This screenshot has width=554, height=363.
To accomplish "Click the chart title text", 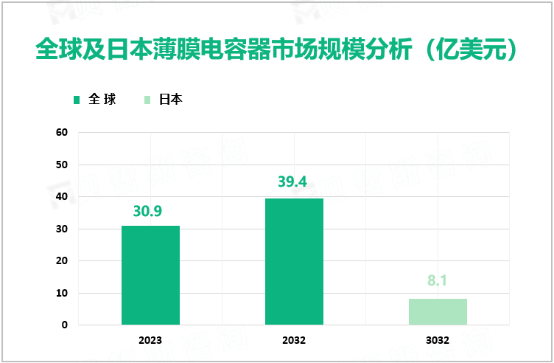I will coord(277,50).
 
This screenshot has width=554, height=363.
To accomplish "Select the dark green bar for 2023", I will coord(150,275).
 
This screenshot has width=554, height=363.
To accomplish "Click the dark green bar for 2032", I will coord(294,261).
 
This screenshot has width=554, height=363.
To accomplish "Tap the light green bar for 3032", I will coord(438,311).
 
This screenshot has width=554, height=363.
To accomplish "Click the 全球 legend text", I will coord(102,100).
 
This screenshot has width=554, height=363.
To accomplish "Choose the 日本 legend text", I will coord(171,100).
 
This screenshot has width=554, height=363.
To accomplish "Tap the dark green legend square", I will coord(77,100).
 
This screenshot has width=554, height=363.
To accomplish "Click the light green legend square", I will coord(147,100).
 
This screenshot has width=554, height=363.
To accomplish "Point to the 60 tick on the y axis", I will coord(62,133).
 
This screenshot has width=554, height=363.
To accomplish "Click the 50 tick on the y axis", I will coord(62,165).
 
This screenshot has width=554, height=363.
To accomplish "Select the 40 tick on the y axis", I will coord(62,197).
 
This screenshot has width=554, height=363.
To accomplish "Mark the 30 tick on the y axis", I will coord(62,229).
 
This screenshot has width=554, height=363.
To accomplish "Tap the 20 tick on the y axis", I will coord(62,261).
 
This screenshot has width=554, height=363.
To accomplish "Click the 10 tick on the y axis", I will coord(62,293).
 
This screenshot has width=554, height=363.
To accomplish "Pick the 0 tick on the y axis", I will coord(65,325).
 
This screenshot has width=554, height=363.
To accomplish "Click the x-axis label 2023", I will coord(150,341).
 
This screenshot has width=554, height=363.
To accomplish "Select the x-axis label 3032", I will coord(438,341).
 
